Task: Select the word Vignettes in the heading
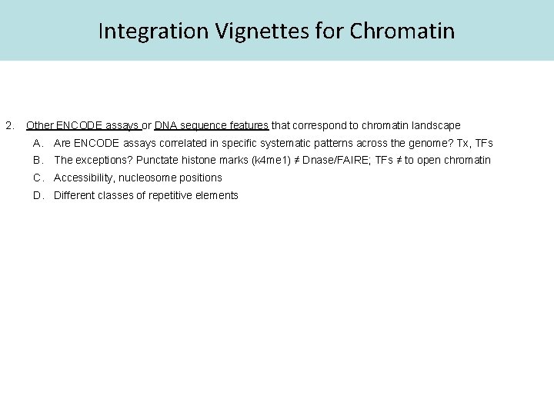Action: tap(251, 32)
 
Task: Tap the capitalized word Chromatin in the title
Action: tap(402, 32)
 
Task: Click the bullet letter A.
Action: tap(38, 143)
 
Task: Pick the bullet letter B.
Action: tap(38, 161)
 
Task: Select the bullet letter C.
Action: tap(38, 178)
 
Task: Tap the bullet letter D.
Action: tap(38, 195)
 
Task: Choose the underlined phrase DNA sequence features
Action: tap(211, 125)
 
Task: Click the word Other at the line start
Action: tap(39, 125)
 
